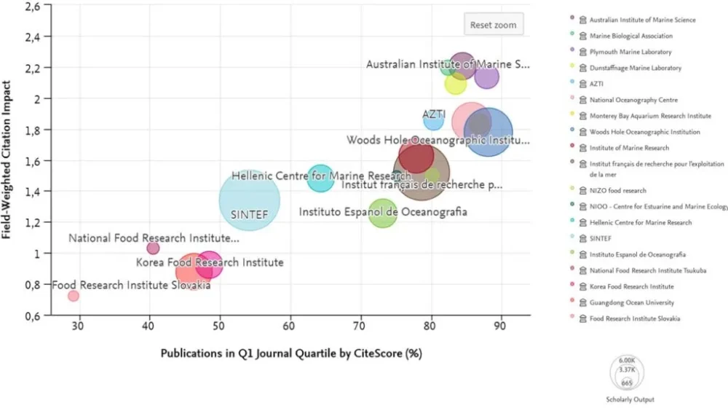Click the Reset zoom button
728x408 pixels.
(493, 25)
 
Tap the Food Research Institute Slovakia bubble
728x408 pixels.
(74, 295)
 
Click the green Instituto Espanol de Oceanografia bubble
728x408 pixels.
(382, 213)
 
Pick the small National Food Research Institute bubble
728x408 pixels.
(153, 248)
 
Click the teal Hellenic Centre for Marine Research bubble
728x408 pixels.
(320, 177)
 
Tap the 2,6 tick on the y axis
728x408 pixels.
(32, 6)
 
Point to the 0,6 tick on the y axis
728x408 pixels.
(32, 315)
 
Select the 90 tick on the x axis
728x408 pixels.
(501, 328)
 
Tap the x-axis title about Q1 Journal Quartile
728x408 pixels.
(290, 354)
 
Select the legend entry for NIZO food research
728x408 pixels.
(617, 190)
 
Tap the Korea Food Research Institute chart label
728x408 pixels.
(210, 262)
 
